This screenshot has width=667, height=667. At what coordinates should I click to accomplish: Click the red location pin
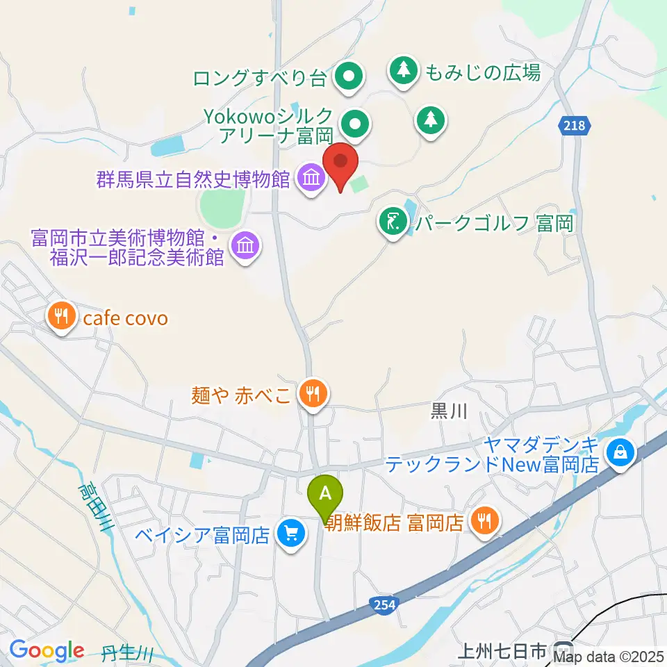341,163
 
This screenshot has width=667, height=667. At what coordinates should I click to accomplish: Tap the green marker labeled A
325,495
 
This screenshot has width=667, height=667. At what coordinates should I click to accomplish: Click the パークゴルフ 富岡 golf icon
393,222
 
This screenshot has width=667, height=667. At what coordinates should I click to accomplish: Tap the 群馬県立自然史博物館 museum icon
311,179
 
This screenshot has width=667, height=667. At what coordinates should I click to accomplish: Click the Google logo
47,650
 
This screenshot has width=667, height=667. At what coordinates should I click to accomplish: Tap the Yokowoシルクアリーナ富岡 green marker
356,126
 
